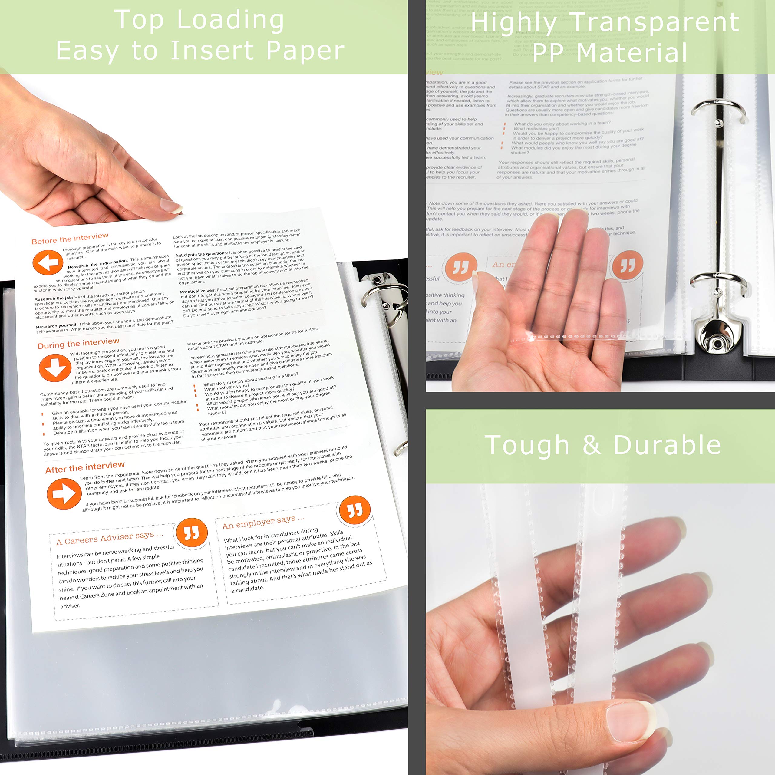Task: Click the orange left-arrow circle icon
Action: click(x=48, y=263)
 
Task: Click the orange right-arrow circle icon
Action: click(x=64, y=493)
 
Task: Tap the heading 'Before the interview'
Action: click(x=70, y=238)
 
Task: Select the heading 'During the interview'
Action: click(x=78, y=343)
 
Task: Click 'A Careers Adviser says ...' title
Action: click(x=110, y=538)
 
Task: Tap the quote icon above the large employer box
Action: click(x=355, y=510)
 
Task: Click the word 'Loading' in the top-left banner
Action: click(x=230, y=20)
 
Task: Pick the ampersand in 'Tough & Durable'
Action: click(x=591, y=445)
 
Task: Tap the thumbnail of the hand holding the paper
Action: click(x=172, y=206)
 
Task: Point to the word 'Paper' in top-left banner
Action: click(x=305, y=51)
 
